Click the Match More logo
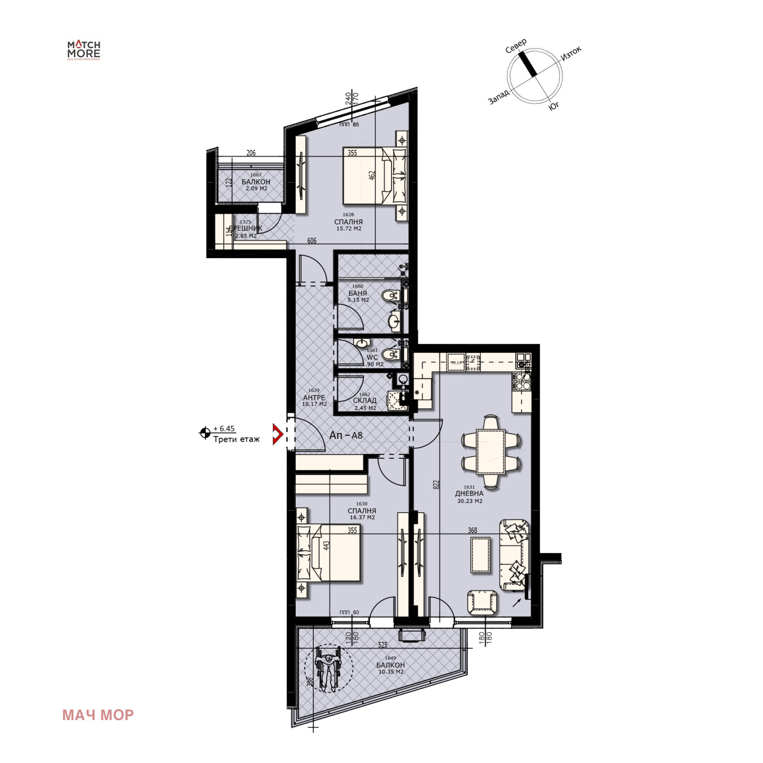(83, 50)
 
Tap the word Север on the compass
(516, 46)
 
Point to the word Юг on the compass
(554, 106)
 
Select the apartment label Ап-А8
(346, 435)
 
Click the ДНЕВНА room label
(469, 494)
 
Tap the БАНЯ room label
(358, 293)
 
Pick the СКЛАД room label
(364, 401)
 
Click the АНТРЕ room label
(314, 397)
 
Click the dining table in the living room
(491, 451)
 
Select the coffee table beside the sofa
(480, 555)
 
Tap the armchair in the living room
(482, 602)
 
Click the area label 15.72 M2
(349, 229)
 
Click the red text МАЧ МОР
(98, 715)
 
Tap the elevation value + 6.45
(224, 429)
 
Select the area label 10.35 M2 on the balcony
(391, 672)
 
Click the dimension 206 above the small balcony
(251, 153)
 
